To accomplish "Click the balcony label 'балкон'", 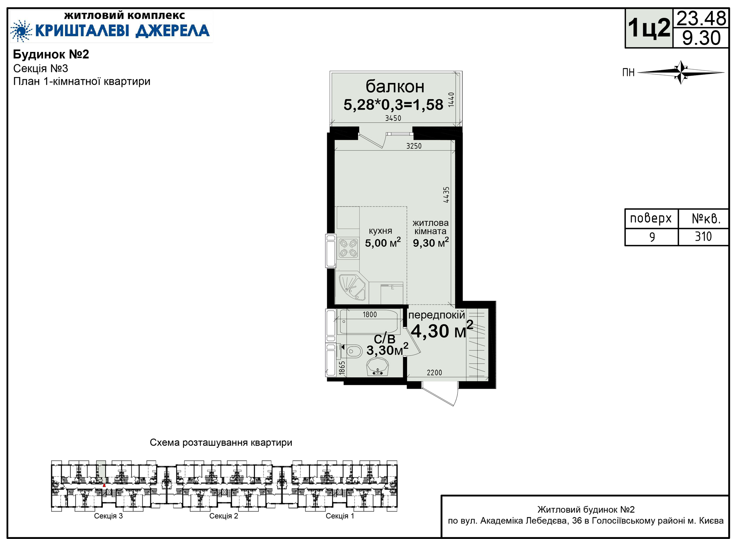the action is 395,86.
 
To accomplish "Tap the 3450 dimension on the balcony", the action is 393,118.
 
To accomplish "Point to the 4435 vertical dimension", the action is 446,195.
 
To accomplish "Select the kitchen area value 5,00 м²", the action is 383,243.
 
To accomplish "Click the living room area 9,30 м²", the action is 431,243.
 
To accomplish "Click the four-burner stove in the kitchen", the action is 348,248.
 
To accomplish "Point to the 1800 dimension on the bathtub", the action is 369,315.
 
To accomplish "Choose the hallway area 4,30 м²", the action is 442,331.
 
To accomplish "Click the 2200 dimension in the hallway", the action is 434,373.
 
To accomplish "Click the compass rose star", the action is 681,72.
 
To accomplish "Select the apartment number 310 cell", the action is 703,236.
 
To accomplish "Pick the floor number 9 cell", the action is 652,236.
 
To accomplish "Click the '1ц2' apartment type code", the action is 649,28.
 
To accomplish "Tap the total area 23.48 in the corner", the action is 701,18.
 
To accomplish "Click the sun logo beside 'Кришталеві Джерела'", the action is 21,31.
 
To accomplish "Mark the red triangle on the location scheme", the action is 104,485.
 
